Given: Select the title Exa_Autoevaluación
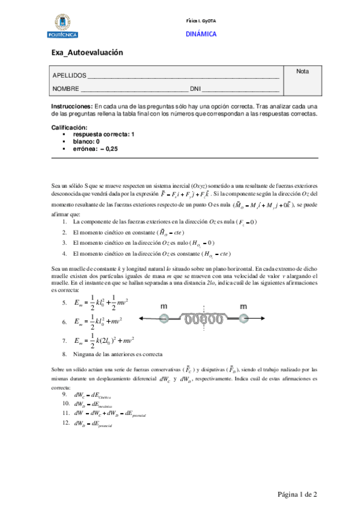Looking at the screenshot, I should coord(87,53).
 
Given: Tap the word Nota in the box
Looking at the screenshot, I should coord(302,72).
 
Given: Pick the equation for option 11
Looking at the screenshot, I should coord(109,414).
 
